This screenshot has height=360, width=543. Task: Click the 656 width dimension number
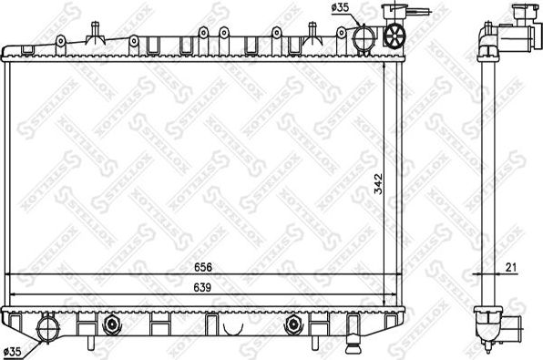click(210, 267)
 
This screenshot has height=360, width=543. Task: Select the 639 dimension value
click(210, 288)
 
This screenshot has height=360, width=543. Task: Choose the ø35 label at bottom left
click(14, 350)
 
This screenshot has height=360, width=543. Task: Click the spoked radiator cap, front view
click(394, 38)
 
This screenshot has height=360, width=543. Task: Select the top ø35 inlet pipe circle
click(364, 40)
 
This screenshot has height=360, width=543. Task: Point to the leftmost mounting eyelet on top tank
click(58, 40)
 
